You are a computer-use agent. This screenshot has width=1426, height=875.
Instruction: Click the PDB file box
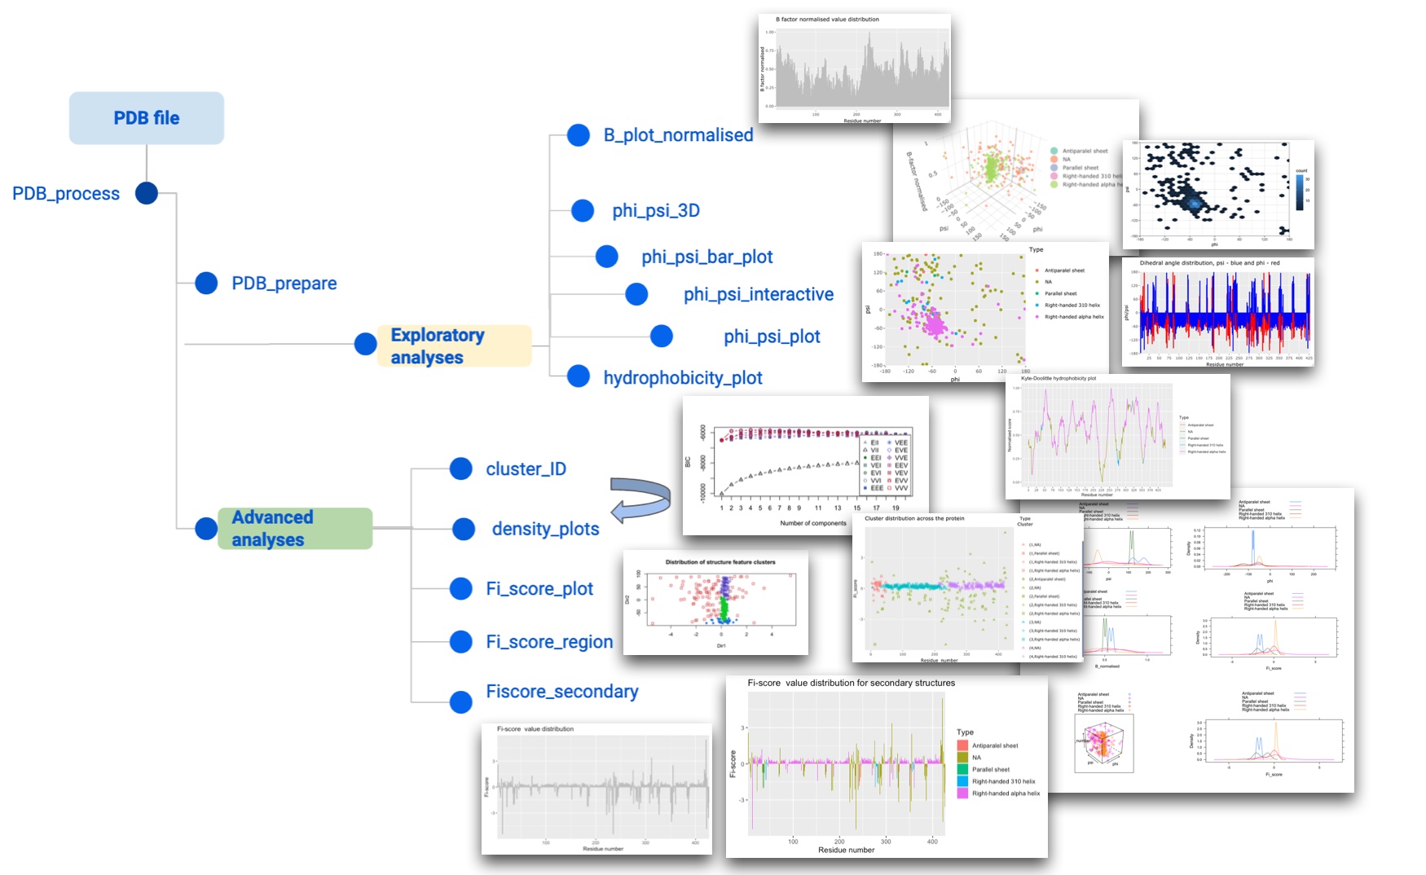147,118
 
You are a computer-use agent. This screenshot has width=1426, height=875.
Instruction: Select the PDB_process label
66,194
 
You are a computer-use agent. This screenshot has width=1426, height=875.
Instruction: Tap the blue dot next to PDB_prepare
206,284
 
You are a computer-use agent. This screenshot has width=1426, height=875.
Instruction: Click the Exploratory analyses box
454,346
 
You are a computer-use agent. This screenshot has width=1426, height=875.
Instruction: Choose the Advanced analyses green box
294,529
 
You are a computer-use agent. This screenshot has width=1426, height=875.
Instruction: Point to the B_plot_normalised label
678,135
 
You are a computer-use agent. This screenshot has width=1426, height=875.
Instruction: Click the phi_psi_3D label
656,211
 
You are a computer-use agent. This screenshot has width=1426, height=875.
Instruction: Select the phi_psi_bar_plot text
706,257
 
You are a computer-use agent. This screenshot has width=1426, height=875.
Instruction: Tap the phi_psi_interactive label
758,295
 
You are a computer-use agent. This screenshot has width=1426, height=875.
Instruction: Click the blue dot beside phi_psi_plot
662,336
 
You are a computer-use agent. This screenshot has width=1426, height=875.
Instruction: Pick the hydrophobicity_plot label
682,378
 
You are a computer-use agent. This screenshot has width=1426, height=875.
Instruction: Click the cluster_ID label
526,469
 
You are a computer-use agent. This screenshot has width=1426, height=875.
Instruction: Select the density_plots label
545,530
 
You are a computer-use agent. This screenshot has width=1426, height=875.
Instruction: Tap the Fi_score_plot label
539,589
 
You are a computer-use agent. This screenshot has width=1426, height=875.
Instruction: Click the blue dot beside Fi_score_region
461,642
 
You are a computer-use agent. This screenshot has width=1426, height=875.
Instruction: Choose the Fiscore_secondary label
561,692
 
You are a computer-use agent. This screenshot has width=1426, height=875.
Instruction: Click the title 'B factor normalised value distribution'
826,20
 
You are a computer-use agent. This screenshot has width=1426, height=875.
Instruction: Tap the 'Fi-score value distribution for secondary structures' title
851,684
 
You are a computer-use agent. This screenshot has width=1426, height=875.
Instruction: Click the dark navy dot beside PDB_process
147,193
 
